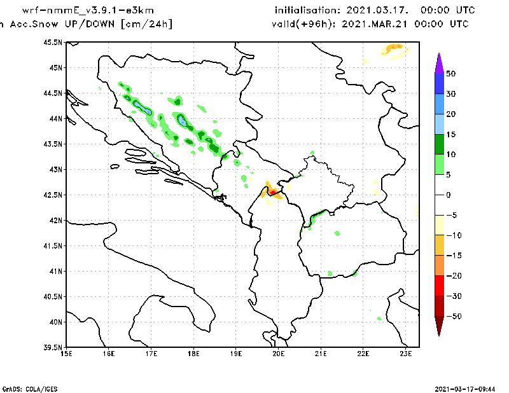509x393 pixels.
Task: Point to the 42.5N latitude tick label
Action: [x=53, y=195]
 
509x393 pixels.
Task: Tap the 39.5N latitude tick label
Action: [x=53, y=348]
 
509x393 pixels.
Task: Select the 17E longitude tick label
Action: [x=151, y=354]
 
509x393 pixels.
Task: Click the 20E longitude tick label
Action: [x=279, y=354]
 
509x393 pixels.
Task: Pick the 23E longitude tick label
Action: [x=406, y=354]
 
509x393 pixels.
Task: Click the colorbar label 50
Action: [x=450, y=74]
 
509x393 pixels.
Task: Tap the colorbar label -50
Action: [x=454, y=316]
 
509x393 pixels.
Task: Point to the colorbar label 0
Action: [x=449, y=195]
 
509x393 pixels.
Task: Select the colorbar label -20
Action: [x=454, y=276]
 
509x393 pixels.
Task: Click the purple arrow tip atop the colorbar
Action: [x=439, y=53]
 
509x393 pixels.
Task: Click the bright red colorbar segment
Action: [x=439, y=286]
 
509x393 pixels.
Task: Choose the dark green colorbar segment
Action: [x=439, y=144]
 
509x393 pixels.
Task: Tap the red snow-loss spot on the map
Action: [x=273, y=193]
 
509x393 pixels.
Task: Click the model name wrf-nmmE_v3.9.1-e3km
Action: [x=88, y=10]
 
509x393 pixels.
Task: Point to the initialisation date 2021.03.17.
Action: [x=377, y=10]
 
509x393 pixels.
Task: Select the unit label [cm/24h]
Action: [x=147, y=24]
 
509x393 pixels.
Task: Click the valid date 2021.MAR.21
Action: [x=374, y=24]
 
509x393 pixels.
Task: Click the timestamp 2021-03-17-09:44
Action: [x=465, y=389]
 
